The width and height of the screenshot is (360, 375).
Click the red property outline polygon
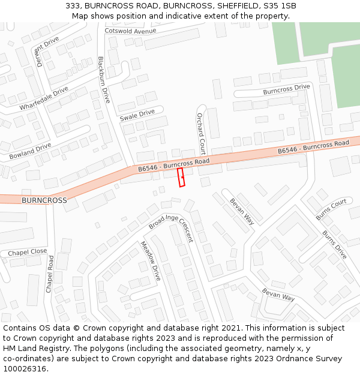[x=181, y=177]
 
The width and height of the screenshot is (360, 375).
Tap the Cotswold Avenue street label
[x=130, y=31]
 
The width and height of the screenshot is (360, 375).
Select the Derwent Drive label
[x=48, y=51]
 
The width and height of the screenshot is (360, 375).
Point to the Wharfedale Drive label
[x=44, y=98]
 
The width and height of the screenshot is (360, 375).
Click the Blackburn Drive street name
[x=104, y=80]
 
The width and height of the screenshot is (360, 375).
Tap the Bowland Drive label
[x=30, y=151]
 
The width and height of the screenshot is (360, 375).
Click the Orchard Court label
[x=202, y=133]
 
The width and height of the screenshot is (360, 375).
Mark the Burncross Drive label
[x=286, y=89]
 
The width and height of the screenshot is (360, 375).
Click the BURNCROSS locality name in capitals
[x=44, y=200]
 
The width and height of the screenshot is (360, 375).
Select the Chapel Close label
[x=28, y=253]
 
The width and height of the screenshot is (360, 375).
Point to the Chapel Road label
[x=50, y=274]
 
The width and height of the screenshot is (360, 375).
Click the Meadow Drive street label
[x=151, y=261]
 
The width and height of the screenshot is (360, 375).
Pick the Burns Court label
[x=331, y=209]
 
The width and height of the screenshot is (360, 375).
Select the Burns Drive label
[x=334, y=245]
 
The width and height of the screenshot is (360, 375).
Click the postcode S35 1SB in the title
[x=276, y=6]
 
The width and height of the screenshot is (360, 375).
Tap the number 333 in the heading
[x=73, y=6]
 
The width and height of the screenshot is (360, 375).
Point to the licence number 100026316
[x=25, y=368]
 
